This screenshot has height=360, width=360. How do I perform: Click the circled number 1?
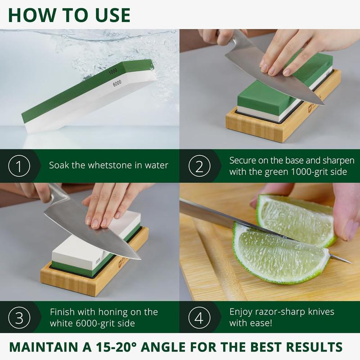click(x=19, y=166)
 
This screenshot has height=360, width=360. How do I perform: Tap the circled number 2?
click(x=199, y=166)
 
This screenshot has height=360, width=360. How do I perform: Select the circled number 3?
click(x=19, y=318)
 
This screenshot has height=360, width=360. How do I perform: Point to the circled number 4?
click(x=199, y=318)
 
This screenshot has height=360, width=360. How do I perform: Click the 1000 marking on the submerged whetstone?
click(x=113, y=72)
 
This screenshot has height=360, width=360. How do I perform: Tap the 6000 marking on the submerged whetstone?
click(x=117, y=83)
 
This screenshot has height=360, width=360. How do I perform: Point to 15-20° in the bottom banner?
click(x=116, y=346)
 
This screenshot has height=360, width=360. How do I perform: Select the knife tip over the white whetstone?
click(x=140, y=259)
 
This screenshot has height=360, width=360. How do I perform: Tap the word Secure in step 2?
click(x=243, y=161)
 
